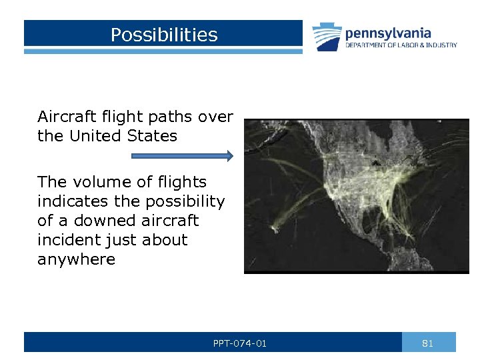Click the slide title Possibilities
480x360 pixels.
[164, 35]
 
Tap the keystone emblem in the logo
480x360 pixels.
[327, 37]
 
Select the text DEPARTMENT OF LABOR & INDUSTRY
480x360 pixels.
[401, 45]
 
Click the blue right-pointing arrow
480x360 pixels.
[182, 156]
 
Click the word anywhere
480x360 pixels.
[76, 259]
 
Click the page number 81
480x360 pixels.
[428, 343]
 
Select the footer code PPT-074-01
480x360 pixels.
[240, 343]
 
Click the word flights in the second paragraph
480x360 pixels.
[180, 182]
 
